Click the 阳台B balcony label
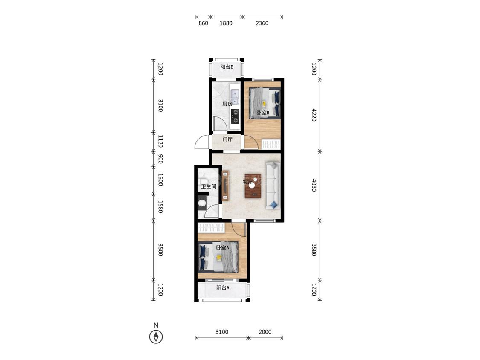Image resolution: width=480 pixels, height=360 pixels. pos(227,67)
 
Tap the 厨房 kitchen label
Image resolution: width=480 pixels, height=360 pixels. pos(227,104)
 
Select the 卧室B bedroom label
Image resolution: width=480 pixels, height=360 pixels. pos(263,113)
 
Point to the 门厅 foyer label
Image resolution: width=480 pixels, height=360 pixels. pos(227,139)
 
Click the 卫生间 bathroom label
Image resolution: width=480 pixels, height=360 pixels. pos(209,186)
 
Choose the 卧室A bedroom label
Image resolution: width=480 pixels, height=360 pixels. pos(223,247)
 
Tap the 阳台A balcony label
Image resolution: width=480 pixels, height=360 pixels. pos(223,287)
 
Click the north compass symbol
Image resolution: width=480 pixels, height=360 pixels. pos(156,337)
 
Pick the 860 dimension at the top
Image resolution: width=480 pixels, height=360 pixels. pos(203,23)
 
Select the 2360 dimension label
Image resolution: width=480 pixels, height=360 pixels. pos(262,23)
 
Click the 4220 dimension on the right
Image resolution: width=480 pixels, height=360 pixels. pos(314,115)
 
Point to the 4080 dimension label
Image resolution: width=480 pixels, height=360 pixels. pos(314,185)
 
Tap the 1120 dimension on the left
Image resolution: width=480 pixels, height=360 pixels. pos(160,141)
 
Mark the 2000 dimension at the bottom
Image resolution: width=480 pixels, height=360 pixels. pos(265,332)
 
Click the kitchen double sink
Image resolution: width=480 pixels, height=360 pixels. pos(235,97)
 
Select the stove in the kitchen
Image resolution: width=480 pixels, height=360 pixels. pos(235,116)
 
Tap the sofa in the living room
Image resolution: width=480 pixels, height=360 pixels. pos(273,186)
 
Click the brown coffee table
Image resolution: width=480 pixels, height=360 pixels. pos(253,186)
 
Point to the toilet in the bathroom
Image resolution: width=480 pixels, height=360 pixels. pos(202,203)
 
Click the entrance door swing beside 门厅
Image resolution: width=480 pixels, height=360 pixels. pos(202,142)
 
